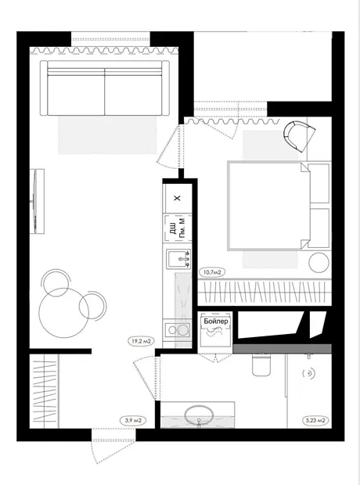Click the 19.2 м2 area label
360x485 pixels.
click(x=141, y=342)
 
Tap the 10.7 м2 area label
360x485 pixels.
click(x=212, y=272)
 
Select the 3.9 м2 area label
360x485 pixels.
click(x=133, y=421)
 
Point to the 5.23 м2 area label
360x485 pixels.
click(x=315, y=421)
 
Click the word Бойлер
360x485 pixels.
click(x=216, y=322)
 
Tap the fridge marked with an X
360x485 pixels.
click(x=177, y=198)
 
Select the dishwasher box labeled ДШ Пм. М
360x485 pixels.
click(x=178, y=228)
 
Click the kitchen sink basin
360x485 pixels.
click(x=178, y=259)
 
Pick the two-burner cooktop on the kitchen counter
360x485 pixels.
click(x=177, y=330)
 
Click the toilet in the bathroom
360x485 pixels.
click(x=261, y=365)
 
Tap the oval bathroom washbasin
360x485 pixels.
click(x=199, y=414)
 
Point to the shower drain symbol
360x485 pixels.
click(x=308, y=374)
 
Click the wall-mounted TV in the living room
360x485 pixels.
click(x=37, y=201)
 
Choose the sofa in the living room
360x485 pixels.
click(x=105, y=88)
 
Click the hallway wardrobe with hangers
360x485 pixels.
click(x=44, y=391)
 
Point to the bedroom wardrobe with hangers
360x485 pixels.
click(x=265, y=292)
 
